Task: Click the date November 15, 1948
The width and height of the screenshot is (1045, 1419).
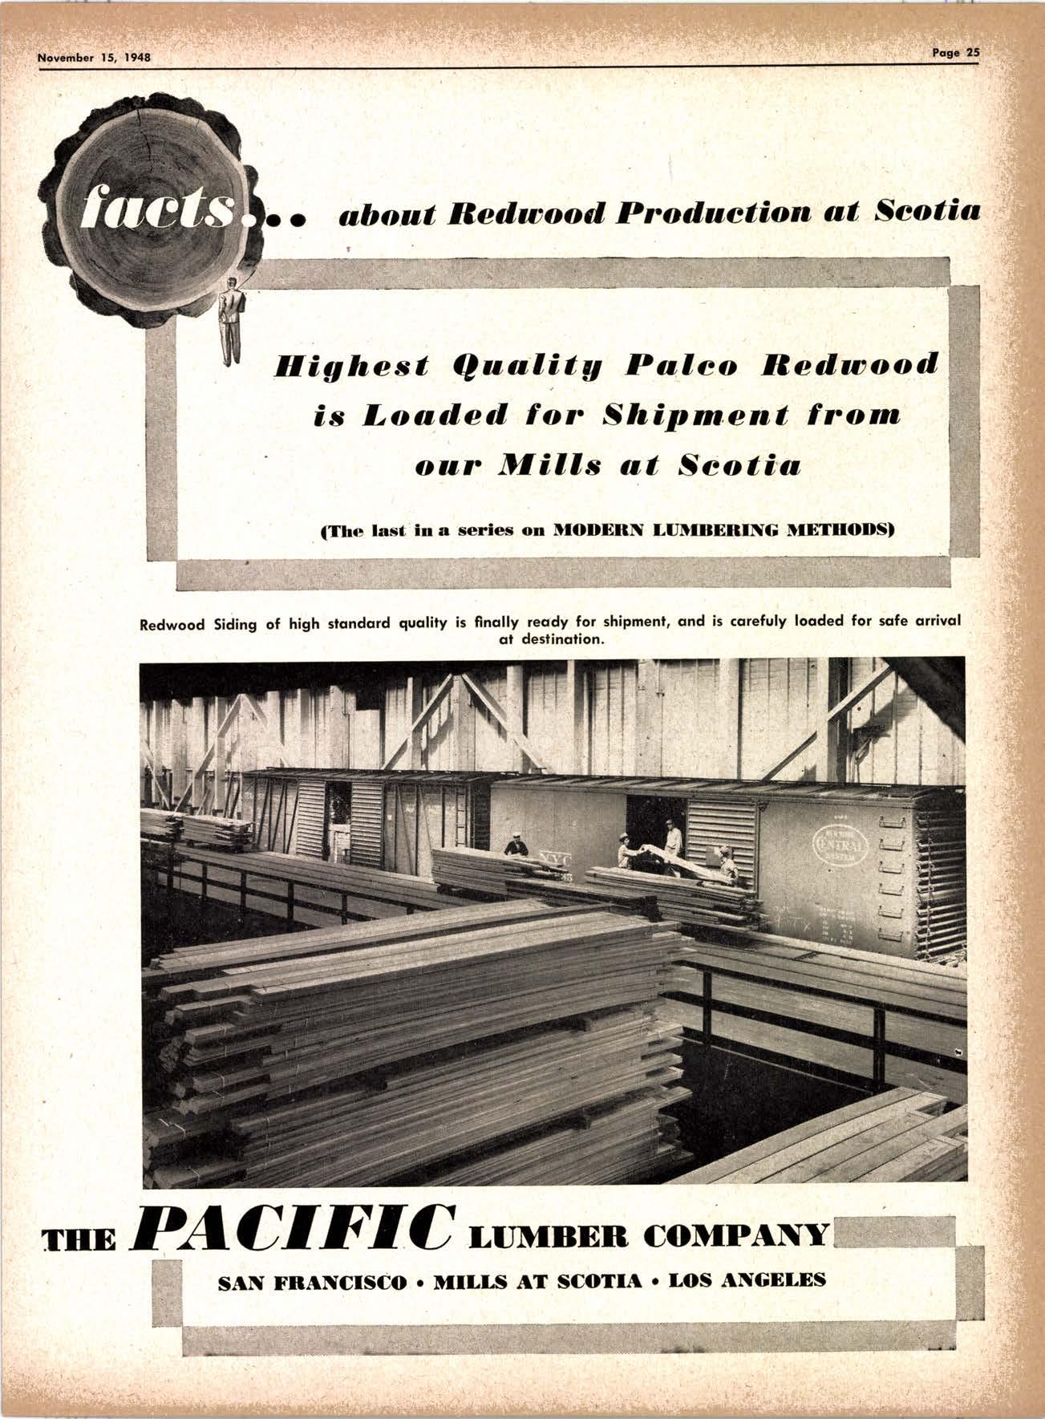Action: (x=95, y=58)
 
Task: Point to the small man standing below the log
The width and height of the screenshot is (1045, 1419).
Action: (x=232, y=321)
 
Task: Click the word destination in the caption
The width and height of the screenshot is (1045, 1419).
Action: (x=549, y=639)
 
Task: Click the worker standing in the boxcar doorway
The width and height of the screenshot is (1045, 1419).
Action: (x=672, y=837)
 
